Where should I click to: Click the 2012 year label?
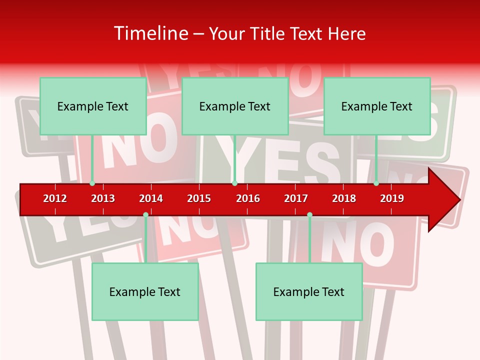[55, 198]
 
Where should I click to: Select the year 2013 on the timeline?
[103, 198]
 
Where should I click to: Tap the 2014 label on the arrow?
[151, 198]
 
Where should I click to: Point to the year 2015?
[199, 198]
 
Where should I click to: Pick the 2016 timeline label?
[248, 198]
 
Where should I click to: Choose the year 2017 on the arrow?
[296, 198]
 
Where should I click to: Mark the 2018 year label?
[344, 198]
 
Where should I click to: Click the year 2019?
[392, 198]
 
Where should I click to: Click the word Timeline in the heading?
[149, 33]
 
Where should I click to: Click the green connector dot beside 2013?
[92, 183]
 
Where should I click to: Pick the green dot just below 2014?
[145, 215]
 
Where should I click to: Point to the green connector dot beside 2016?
[234, 183]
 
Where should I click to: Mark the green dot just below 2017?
[309, 215]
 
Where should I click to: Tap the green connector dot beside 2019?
[376, 183]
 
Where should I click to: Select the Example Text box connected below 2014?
[145, 291]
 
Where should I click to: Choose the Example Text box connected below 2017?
[309, 291]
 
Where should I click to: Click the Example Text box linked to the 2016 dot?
[235, 106]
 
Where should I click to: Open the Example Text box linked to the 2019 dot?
[377, 106]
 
